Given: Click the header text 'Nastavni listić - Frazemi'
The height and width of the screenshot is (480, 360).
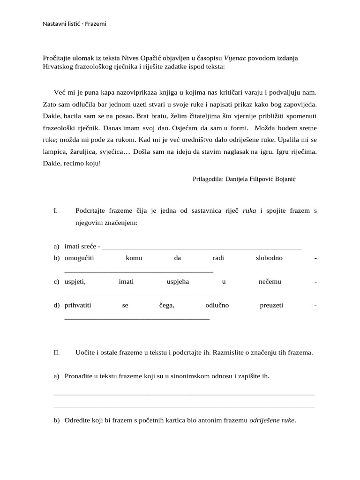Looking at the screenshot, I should (75, 23).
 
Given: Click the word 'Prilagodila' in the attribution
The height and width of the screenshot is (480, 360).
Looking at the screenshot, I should (208, 179).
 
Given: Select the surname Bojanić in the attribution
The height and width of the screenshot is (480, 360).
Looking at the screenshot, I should (283, 179).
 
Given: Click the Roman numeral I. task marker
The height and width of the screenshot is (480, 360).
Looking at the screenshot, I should (55, 211).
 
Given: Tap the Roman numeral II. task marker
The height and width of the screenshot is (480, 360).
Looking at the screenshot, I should (56, 352).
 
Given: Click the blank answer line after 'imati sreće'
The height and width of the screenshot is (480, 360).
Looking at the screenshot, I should (202, 247).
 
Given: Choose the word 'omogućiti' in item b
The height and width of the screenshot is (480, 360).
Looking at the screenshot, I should (79, 258).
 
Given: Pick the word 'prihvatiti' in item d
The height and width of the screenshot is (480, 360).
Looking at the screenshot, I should (78, 306).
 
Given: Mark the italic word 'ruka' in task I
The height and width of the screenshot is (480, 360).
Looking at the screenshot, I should (249, 211).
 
